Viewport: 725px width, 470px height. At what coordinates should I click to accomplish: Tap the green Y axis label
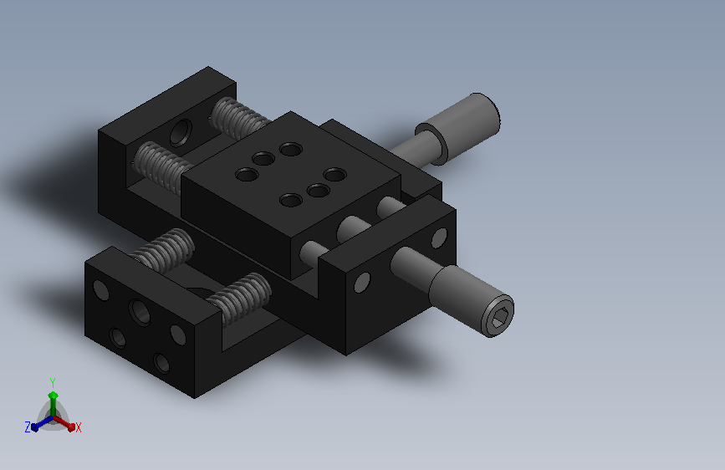coord(53,382)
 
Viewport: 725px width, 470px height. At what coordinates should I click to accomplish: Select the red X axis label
coord(78,427)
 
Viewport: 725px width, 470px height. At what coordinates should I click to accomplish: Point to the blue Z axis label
coord(28,427)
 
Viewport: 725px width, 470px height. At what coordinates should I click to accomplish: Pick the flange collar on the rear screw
coord(431,144)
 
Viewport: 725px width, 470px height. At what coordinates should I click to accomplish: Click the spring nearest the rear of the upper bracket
coord(239,119)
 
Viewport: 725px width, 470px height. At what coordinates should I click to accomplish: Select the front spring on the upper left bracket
coord(163,167)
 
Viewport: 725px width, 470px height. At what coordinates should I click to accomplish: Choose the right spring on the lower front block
coord(239,298)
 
